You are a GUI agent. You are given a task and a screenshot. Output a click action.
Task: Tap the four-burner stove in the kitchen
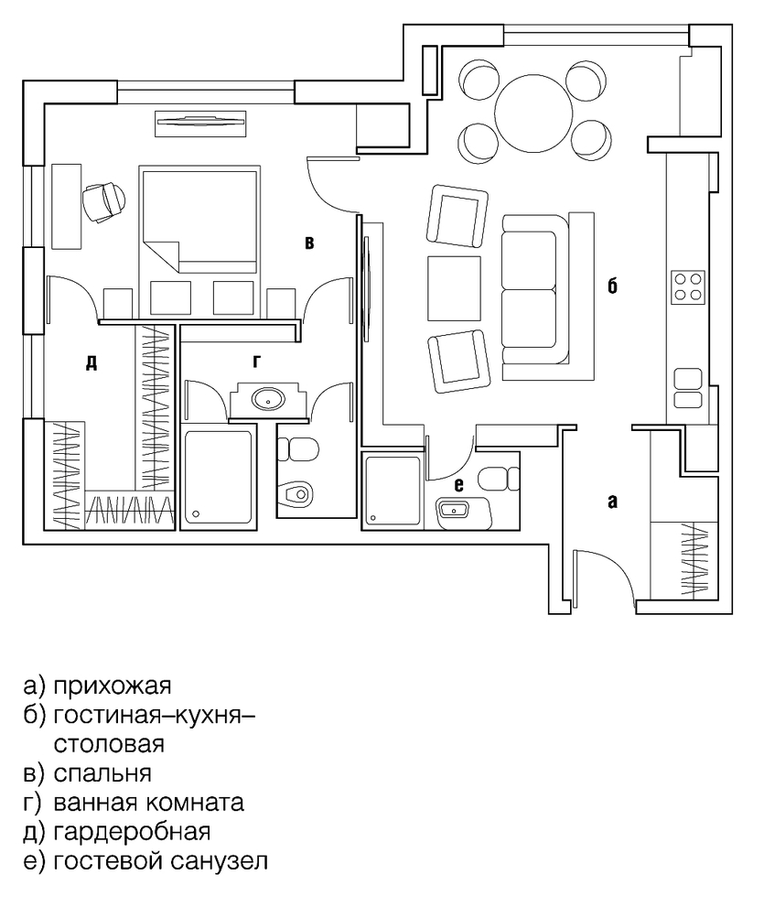point(688,286)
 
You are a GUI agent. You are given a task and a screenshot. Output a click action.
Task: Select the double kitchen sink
point(688,388)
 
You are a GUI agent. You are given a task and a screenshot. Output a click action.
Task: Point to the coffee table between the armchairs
point(454,288)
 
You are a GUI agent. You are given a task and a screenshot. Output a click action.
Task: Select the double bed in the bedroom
point(199,220)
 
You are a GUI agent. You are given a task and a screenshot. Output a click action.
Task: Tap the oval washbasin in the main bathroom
point(267,398)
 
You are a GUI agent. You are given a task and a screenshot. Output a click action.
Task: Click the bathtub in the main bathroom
point(218,477)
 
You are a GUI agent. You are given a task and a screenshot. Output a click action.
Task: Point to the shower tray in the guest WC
point(393,491)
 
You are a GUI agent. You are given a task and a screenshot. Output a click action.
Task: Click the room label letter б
point(612,286)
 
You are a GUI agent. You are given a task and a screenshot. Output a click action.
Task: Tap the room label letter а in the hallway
point(612,501)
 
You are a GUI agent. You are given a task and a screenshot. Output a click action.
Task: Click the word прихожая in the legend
point(113,686)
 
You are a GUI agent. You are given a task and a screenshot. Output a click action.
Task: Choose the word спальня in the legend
point(102,773)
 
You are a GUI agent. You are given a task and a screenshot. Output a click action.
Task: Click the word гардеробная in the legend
point(132,832)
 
